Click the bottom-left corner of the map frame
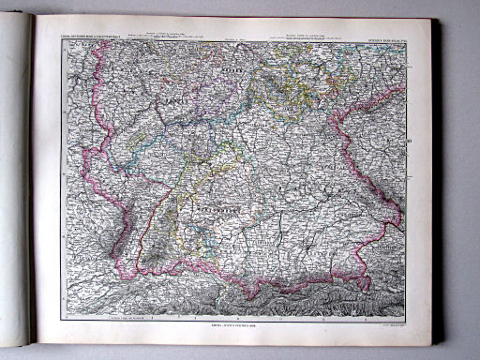[x=61, y=318]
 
